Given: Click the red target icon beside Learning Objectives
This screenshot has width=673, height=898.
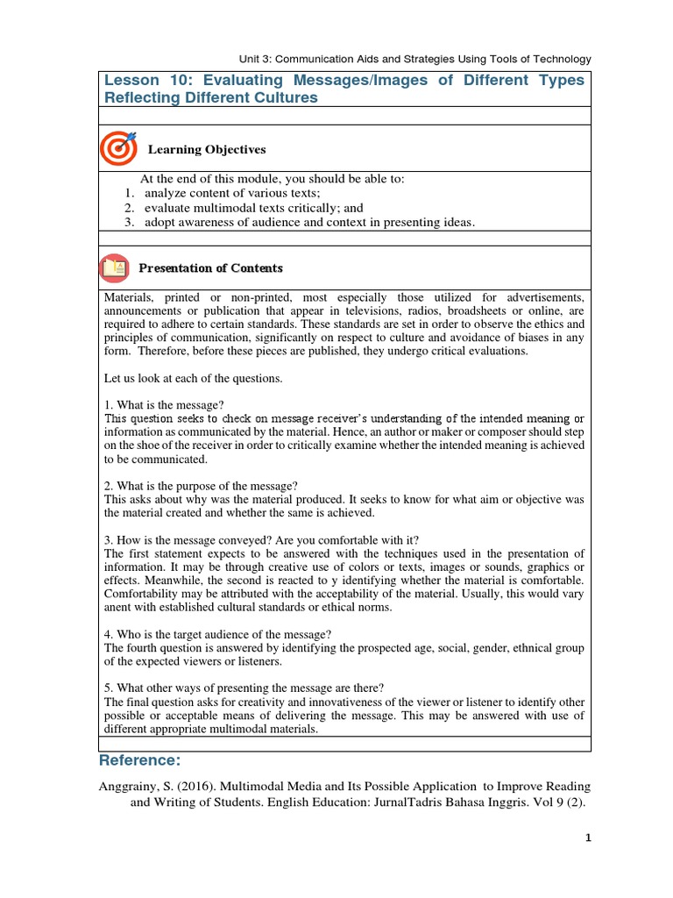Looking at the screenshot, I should click(118, 148).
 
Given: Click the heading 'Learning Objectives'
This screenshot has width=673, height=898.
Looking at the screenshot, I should click(206, 150).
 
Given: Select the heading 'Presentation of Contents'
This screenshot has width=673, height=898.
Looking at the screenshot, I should click(210, 267).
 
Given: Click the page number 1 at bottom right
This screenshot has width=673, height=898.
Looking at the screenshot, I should click(589, 838).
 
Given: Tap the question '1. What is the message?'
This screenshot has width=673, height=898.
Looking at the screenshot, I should click(164, 404).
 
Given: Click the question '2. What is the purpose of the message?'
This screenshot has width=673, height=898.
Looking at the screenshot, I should click(201, 485).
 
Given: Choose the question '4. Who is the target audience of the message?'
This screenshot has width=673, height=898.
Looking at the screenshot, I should click(217, 634).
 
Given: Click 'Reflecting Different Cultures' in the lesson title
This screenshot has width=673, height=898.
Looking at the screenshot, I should click(210, 98).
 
